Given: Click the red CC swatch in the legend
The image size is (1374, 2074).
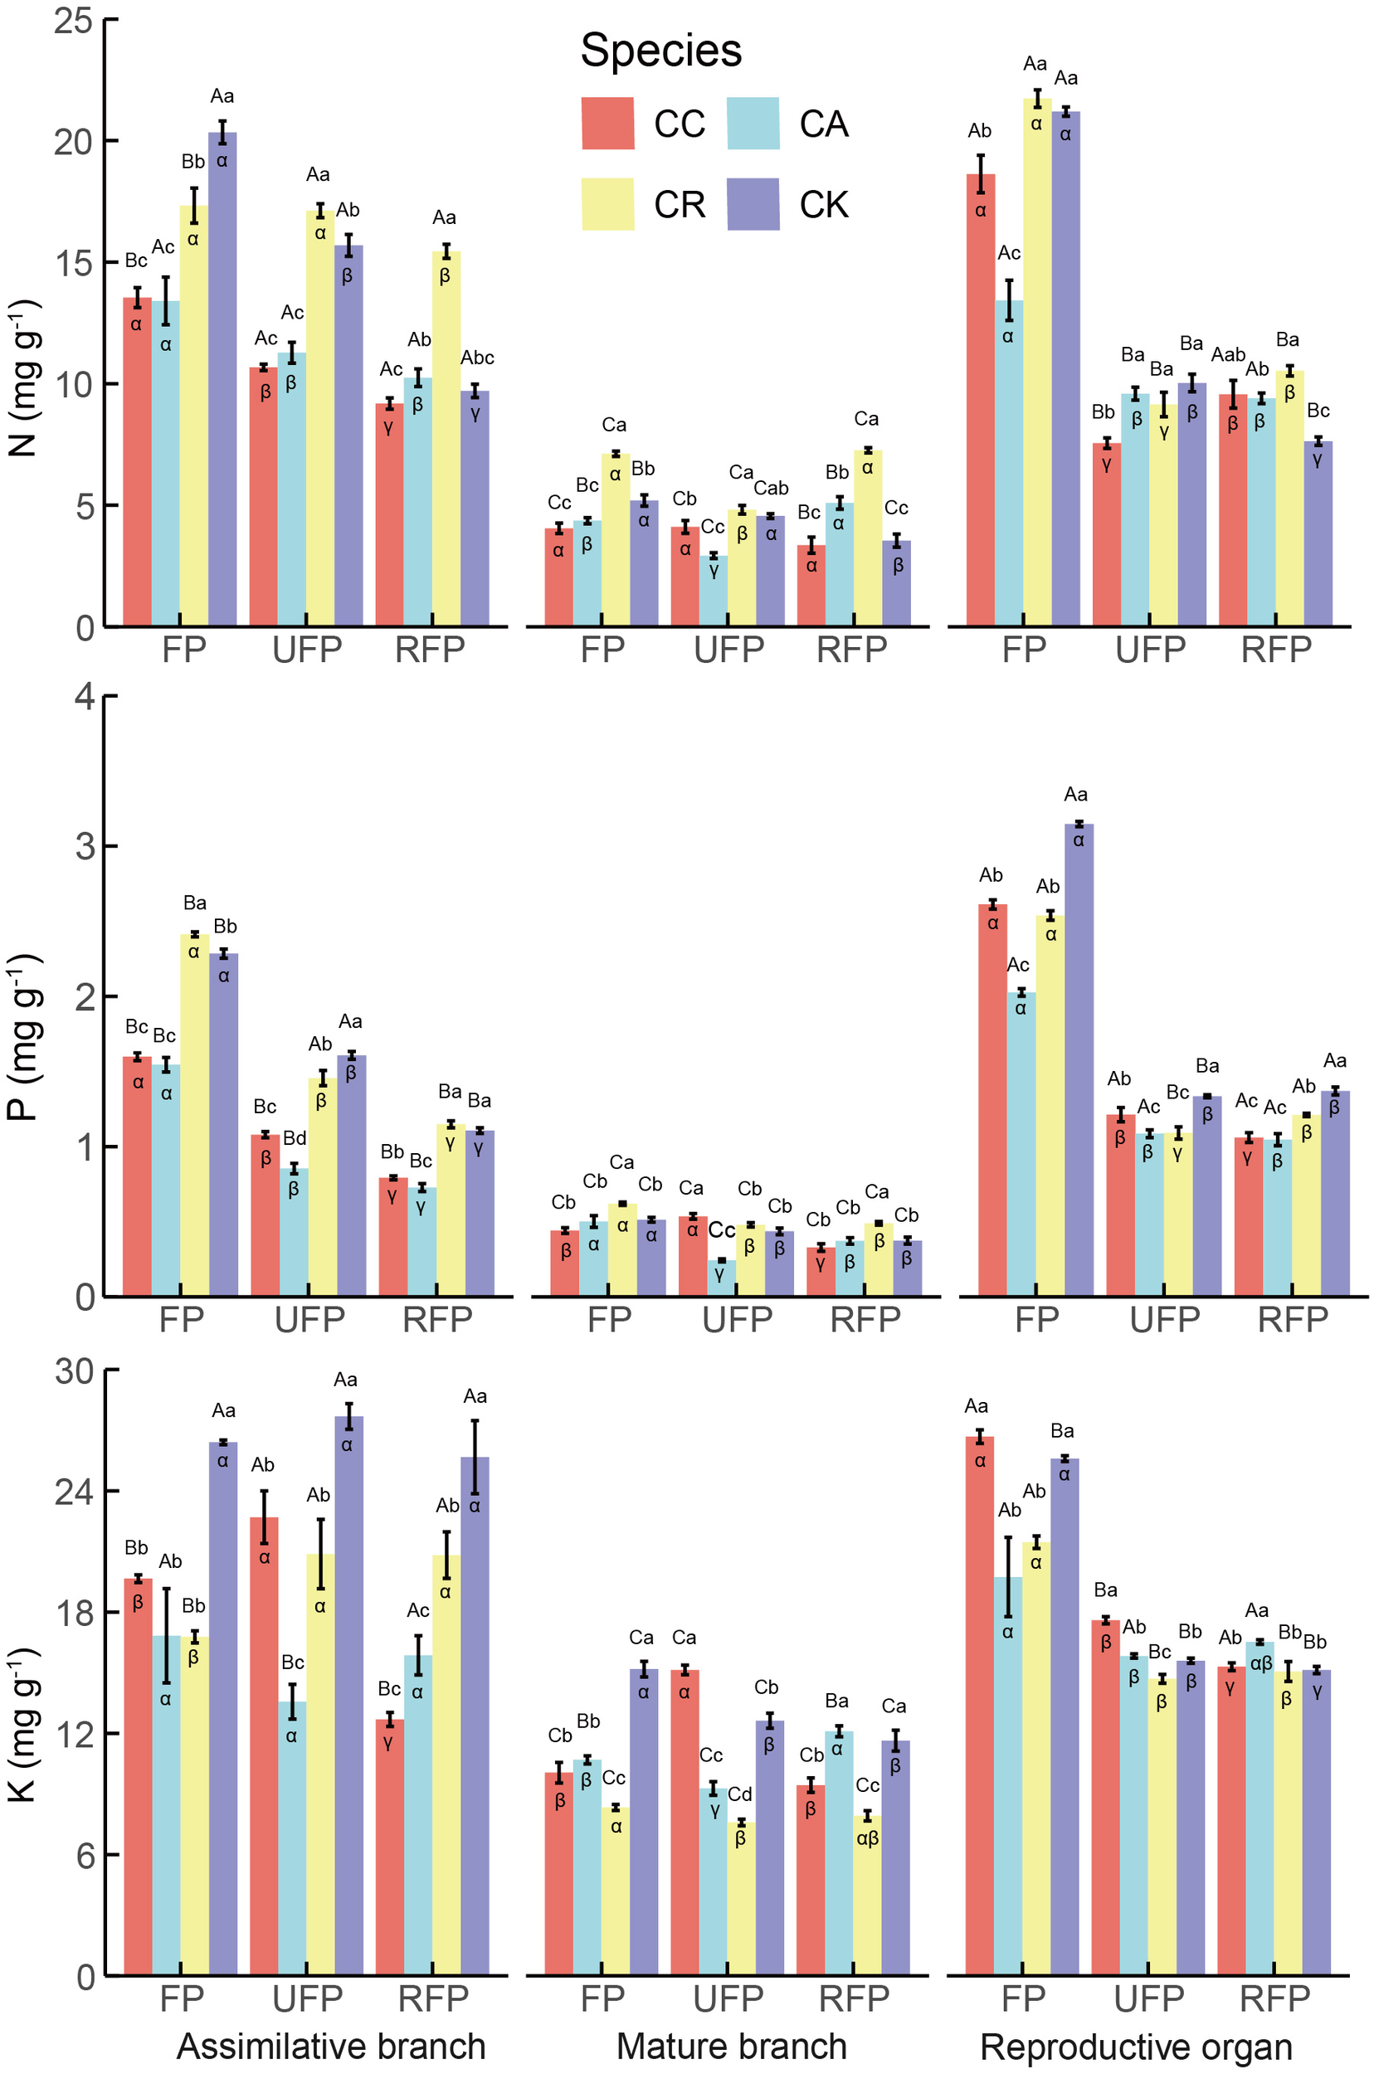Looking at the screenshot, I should (607, 123).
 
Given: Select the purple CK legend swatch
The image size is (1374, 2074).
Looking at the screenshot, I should (753, 204).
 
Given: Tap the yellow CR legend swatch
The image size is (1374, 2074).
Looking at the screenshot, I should (607, 204).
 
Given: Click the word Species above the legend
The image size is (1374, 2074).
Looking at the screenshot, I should (660, 50).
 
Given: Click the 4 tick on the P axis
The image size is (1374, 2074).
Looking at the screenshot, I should (85, 697).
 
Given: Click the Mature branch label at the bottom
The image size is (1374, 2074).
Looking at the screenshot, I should (732, 2046).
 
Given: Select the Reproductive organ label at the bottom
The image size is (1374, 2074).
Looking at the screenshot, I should (1136, 2046).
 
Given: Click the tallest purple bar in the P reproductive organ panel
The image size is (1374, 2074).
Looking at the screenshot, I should (1079, 1051).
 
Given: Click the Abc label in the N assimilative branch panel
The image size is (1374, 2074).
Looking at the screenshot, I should (478, 358).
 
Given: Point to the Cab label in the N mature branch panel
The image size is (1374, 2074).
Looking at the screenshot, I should (771, 488).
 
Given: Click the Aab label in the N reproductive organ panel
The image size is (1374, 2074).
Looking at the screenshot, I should (1229, 355).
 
